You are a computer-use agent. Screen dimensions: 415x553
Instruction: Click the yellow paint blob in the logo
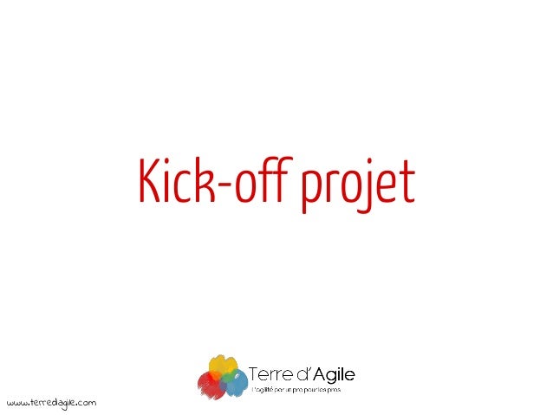click(x=223, y=366)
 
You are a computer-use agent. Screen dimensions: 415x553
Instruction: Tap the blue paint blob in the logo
click(x=236, y=382)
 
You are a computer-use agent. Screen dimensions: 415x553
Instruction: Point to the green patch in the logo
click(x=223, y=380)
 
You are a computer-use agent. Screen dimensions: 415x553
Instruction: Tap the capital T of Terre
click(x=254, y=375)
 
